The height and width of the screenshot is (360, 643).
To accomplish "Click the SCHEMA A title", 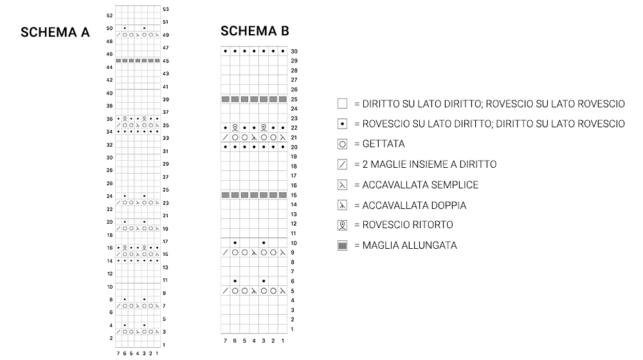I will (x=55, y=32).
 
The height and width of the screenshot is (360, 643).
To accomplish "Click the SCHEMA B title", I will (x=255, y=31).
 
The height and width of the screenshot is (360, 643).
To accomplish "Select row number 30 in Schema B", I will (x=294, y=51).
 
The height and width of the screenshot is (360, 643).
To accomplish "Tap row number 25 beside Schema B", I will (x=294, y=100).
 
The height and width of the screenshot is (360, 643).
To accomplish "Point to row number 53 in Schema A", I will (x=166, y=9).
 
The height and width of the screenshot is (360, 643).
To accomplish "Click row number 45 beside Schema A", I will (x=166, y=61).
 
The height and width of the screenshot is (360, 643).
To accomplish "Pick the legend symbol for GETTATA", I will (x=342, y=144).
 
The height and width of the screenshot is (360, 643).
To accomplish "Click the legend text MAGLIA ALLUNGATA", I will (x=410, y=246).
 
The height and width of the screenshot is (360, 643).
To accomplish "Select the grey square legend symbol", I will (x=342, y=246).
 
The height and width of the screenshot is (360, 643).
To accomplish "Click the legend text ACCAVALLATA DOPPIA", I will (x=414, y=205).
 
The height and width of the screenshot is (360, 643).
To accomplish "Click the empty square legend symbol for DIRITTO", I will (x=342, y=104).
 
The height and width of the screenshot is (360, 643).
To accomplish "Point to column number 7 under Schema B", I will (x=225, y=340).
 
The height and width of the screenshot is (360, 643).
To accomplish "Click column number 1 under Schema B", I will (x=283, y=340).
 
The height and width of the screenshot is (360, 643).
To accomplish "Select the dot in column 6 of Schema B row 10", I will (x=235, y=243).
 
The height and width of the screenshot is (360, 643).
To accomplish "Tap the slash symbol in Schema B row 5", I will (x=226, y=291).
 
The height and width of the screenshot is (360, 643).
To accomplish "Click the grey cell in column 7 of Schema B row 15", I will (x=226, y=195).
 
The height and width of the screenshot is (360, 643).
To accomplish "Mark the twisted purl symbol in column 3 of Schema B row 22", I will (x=264, y=127).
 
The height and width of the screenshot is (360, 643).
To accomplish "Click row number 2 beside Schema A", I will (x=111, y=337).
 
